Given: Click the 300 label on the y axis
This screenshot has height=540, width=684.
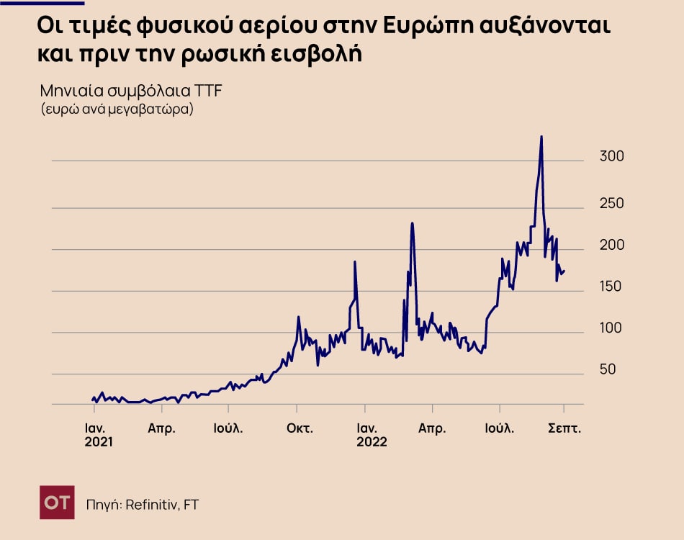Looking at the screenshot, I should tap(612, 157).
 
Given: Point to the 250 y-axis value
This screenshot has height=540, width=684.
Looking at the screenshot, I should tap(612, 204).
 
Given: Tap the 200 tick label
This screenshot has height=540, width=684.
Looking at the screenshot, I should tap(612, 246).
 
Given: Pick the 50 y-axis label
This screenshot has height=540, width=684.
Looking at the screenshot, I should tap(608, 369).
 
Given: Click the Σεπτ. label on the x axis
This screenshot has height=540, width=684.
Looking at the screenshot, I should tap(564, 428).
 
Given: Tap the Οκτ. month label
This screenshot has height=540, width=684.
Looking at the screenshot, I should tap(300, 428).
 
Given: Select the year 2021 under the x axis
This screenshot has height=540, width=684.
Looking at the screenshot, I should tap(99, 442).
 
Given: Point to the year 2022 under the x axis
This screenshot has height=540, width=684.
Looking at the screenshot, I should tap(372, 442).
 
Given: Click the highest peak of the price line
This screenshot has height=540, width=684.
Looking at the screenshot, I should tap(541, 136).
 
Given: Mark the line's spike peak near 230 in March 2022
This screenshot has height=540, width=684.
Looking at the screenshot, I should tap(412, 223).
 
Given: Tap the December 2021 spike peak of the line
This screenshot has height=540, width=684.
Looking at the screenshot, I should tap(355, 261).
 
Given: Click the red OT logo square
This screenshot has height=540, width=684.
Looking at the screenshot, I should tap(57, 502).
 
